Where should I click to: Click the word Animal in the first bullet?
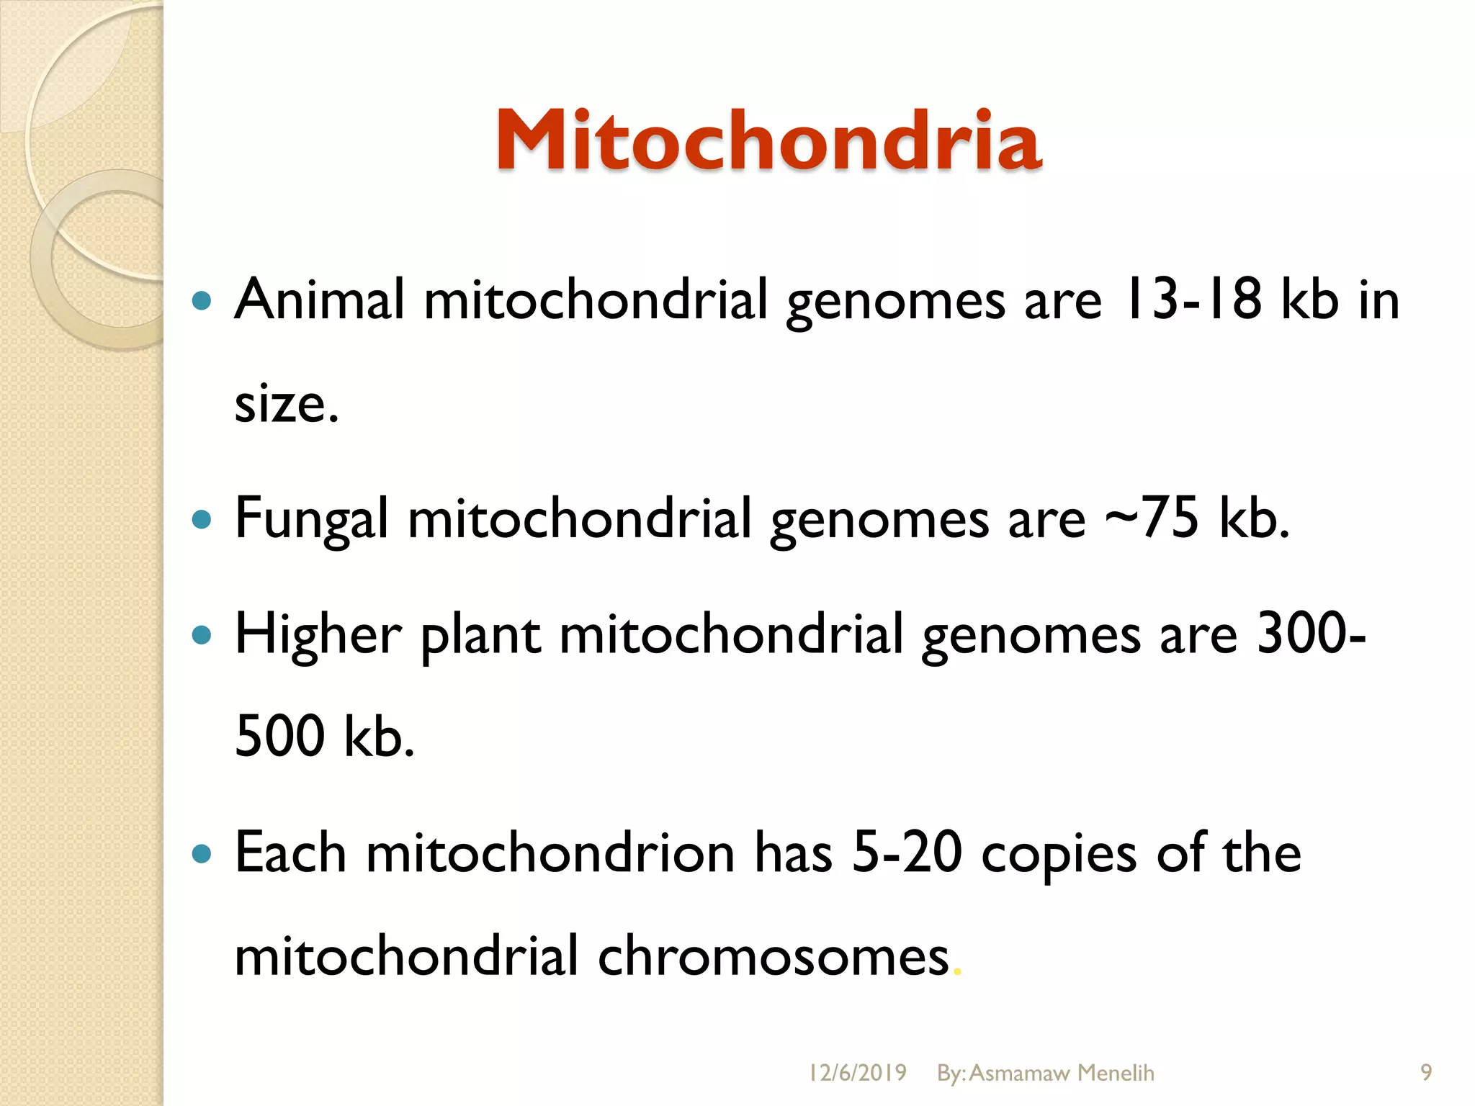319,299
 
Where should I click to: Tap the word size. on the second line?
286,403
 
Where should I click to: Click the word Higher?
318,635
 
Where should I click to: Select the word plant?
480,635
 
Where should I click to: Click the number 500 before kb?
279,736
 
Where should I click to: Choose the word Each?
290,853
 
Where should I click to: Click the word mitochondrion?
550,853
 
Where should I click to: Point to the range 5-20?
907,853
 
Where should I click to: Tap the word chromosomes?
773,956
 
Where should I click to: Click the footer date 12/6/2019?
857,1073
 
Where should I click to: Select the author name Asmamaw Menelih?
1062,1073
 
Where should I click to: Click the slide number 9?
1426,1073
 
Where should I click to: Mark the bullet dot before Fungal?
202,519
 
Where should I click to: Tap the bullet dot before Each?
202,854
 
